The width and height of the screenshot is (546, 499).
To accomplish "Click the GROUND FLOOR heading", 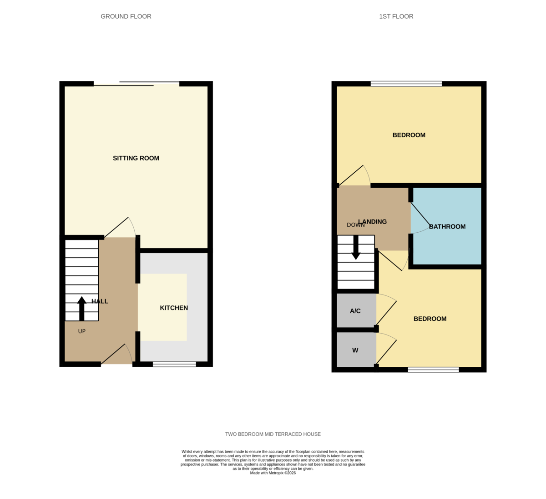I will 126,16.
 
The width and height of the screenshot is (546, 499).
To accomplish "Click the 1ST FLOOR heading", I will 396,16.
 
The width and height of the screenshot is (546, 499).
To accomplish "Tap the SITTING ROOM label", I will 136,158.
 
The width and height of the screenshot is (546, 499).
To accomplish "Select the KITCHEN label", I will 174,308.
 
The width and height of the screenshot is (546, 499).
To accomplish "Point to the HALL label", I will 100,301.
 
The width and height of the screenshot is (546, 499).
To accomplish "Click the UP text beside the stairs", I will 82,331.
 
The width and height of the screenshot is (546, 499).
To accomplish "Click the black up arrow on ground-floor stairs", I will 82,309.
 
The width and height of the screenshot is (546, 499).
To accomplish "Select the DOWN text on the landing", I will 355,225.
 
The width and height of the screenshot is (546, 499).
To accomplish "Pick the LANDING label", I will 373,222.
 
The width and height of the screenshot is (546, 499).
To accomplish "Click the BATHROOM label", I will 447,226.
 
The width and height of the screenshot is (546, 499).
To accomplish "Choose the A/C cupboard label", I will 355,311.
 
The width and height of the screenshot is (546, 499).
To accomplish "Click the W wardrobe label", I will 355,350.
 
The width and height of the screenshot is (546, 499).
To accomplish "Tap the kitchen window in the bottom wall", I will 174,364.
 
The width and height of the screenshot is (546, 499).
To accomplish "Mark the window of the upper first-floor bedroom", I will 406,84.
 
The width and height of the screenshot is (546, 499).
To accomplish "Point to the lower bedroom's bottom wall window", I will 433,369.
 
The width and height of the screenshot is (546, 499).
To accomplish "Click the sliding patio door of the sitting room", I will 136,84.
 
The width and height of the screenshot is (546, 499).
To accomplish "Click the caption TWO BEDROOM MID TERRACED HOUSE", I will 273,434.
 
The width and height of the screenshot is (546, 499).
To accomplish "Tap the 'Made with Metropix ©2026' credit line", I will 273,473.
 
